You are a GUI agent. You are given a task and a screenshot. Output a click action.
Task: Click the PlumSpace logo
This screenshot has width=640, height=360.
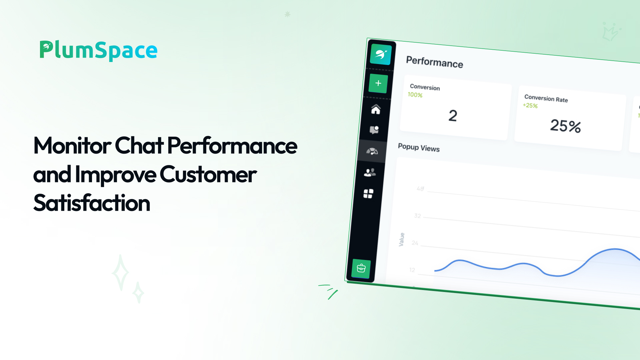(98, 51)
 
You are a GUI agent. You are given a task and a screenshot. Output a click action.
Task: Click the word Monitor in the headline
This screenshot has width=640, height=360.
(72, 146)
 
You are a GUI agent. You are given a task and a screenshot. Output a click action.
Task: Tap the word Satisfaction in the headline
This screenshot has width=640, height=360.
(92, 203)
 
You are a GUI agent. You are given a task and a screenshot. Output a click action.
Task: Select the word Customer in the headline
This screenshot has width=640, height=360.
(208, 174)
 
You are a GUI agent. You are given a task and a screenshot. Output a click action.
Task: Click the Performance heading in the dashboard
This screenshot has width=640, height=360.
(434, 62)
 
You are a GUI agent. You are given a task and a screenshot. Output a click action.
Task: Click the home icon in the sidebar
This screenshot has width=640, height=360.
(376, 109)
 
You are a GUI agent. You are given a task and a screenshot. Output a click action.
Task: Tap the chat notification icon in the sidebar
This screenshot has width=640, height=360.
(374, 130)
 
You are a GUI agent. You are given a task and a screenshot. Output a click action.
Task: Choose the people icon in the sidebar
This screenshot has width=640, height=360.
(370, 172)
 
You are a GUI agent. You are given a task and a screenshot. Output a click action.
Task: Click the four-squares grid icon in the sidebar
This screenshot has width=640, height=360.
(368, 194)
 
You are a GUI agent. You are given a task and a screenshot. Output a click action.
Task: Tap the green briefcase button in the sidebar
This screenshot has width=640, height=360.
(361, 268)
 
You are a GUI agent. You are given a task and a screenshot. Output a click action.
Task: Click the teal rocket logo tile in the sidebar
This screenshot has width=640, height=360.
(381, 54)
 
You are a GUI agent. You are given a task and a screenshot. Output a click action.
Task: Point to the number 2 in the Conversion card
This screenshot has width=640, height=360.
(453, 116)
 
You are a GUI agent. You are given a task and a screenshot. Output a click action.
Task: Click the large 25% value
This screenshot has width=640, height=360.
(565, 126)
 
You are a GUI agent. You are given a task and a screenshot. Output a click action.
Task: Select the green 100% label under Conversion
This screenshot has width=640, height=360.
(415, 95)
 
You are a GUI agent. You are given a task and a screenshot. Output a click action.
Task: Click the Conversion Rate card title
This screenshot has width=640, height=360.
(546, 98)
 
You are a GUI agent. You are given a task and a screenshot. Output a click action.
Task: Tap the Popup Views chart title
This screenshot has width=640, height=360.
(419, 147)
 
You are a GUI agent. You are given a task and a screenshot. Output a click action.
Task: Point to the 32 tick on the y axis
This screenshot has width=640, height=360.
(418, 216)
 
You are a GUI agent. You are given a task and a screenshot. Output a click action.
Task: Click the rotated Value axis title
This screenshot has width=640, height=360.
(402, 239)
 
